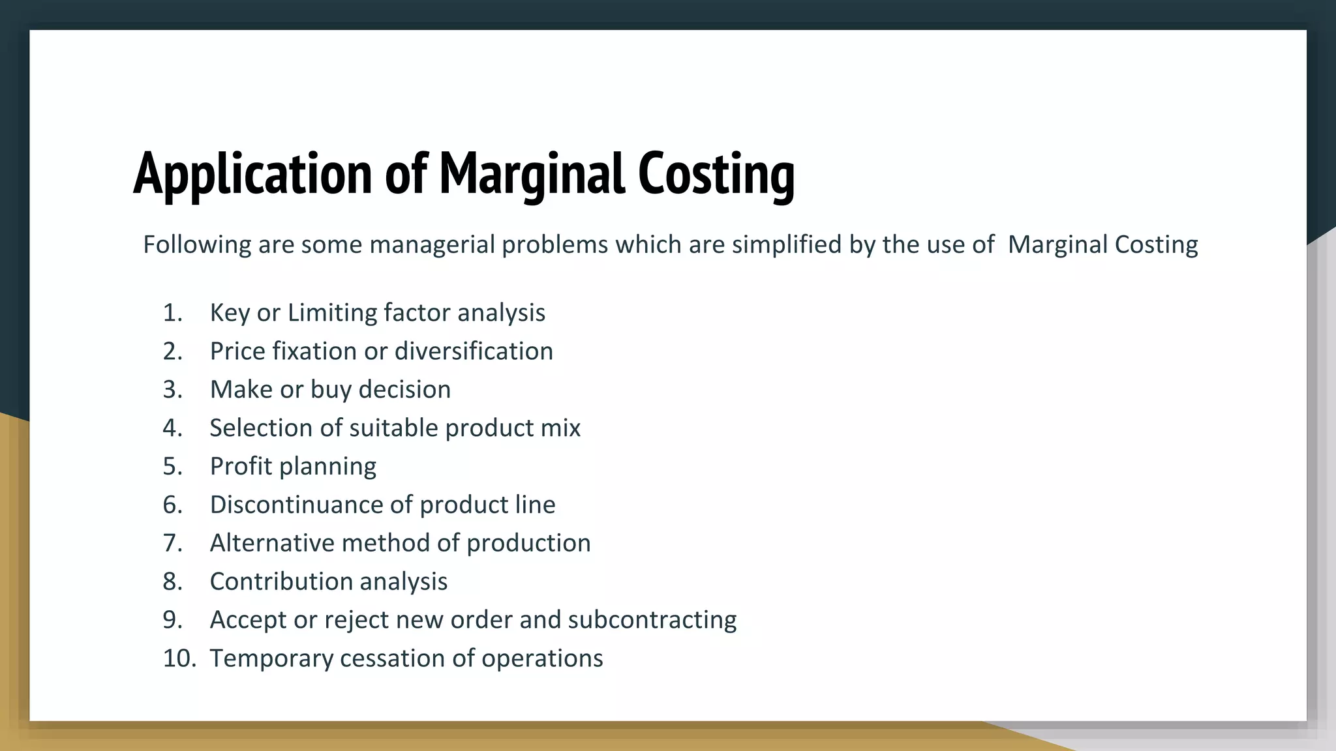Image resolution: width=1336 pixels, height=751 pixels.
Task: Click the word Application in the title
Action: pos(253,173)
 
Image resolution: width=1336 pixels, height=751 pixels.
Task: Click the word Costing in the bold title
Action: pos(716,173)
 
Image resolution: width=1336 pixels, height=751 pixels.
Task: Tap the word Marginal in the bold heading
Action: pos(532,173)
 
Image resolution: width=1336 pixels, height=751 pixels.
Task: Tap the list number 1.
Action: pos(172,313)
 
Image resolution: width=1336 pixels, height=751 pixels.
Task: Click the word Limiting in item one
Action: pos(332,313)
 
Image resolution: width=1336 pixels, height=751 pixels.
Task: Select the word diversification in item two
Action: pos(474,351)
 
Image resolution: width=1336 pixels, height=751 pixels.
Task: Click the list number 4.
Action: pos(172,428)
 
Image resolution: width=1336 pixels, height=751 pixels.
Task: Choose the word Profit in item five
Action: pos(241,466)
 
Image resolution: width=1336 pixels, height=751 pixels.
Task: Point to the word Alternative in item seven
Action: pos(271,543)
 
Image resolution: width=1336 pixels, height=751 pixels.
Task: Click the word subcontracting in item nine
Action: pos(652,620)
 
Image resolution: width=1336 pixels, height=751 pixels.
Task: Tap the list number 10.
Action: pos(179,658)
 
